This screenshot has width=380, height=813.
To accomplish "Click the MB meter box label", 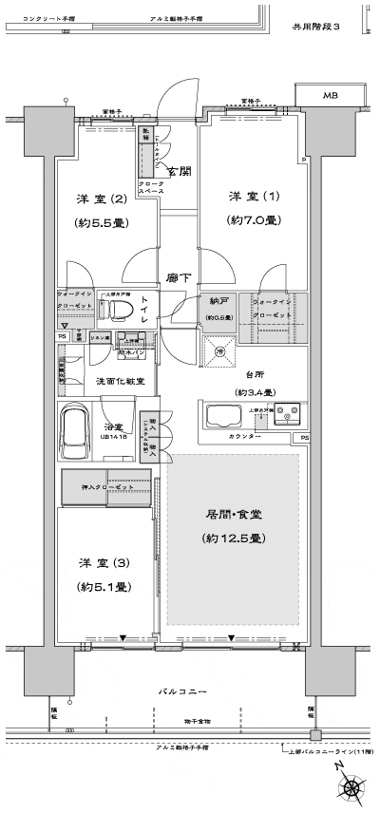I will (x=330, y=96).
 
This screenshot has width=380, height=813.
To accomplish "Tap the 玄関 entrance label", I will (x=180, y=171).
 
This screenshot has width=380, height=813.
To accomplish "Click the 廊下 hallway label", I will (x=177, y=278).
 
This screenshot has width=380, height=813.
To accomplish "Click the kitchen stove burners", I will (x=287, y=415).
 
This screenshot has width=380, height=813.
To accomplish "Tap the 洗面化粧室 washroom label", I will (x=120, y=381).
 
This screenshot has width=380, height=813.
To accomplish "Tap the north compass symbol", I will (x=351, y=787).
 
